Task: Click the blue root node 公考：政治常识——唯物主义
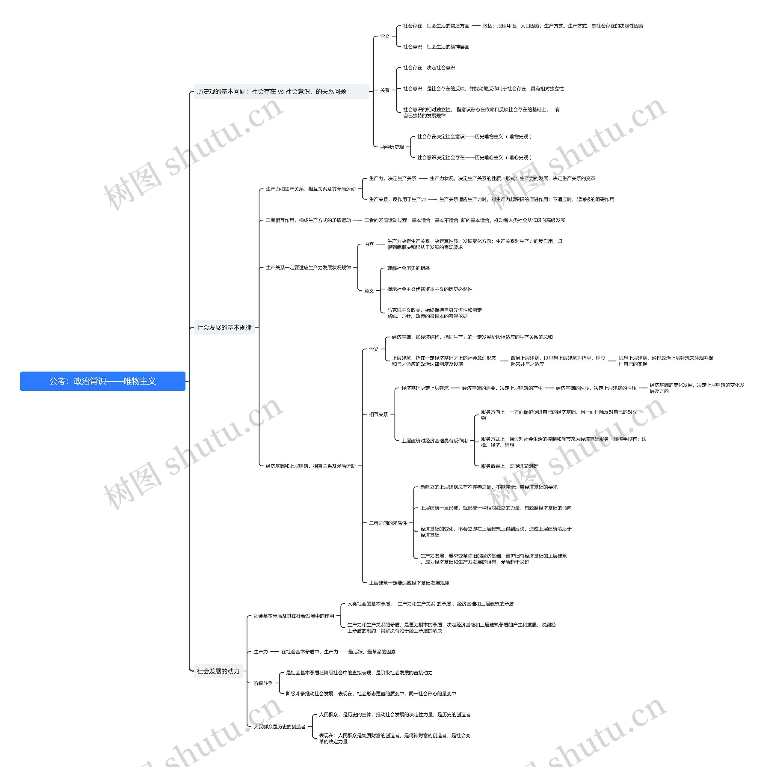click(102, 381)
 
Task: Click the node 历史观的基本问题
click(271, 92)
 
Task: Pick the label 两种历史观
click(392, 147)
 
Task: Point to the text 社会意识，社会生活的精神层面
click(436, 47)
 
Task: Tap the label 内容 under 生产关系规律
click(369, 244)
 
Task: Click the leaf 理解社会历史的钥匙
click(408, 269)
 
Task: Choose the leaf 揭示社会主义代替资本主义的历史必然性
click(430, 290)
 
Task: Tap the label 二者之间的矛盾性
click(388, 523)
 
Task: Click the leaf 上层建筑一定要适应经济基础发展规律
click(409, 583)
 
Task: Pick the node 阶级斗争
click(263, 683)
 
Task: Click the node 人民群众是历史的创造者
click(280, 727)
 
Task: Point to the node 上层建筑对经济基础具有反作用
click(434, 441)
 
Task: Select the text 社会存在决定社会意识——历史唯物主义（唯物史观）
click(474, 137)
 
